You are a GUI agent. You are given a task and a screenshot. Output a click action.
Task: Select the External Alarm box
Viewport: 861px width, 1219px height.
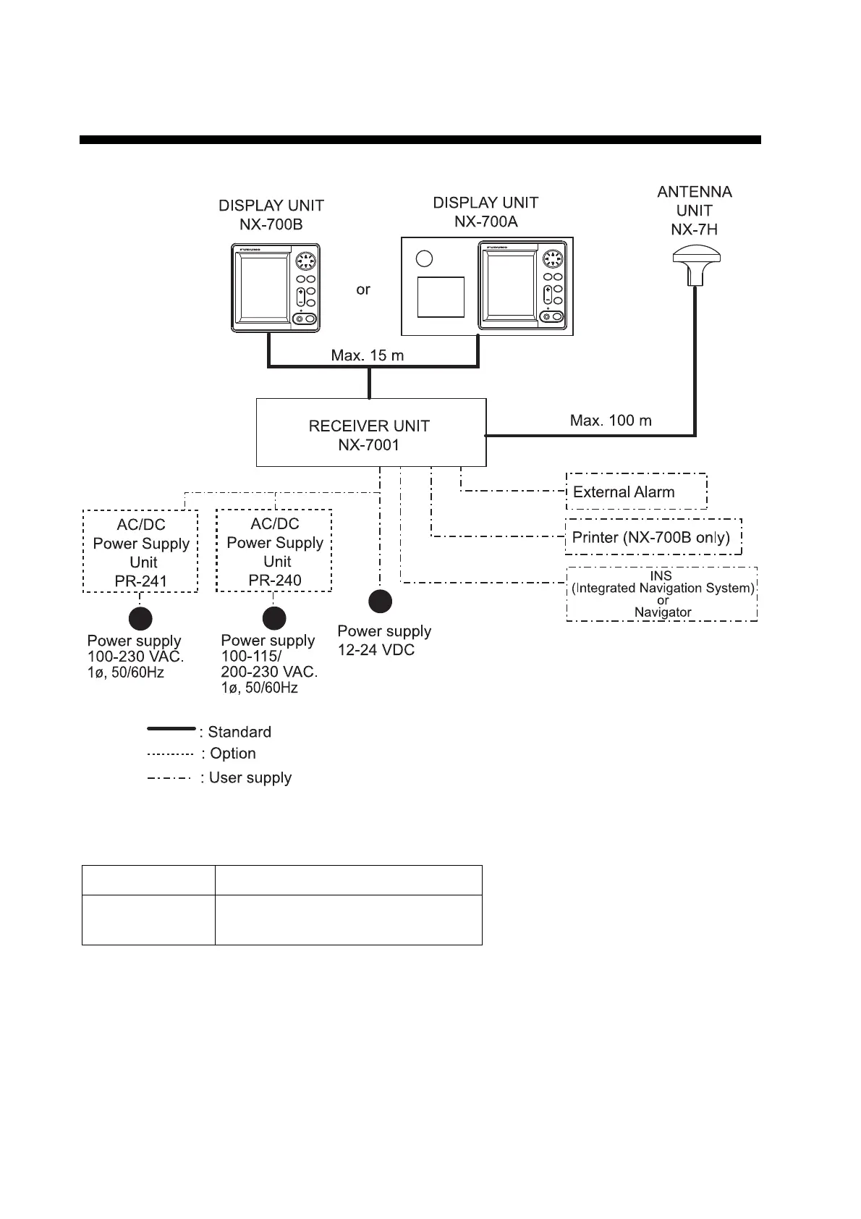click(x=635, y=492)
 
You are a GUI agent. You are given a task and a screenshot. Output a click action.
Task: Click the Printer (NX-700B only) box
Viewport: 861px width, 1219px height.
click(x=653, y=537)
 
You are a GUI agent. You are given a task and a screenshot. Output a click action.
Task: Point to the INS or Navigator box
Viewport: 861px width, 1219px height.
click(x=661, y=594)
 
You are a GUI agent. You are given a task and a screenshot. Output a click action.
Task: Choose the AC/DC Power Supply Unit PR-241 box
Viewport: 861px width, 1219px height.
click(x=141, y=552)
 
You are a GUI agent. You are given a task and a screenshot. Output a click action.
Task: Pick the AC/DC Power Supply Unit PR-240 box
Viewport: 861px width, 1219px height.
click(x=274, y=551)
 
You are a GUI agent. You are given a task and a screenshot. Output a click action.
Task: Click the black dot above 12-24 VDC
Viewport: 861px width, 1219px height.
click(x=381, y=602)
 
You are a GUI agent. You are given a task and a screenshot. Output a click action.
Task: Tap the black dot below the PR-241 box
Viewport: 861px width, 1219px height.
click(x=140, y=619)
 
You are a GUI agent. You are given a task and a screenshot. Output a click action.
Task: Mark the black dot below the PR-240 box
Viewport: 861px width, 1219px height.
click(x=274, y=618)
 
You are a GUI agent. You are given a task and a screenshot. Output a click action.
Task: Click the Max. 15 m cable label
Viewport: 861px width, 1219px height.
click(x=368, y=355)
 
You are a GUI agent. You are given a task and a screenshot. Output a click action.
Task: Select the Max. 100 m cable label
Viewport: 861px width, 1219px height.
click(x=611, y=421)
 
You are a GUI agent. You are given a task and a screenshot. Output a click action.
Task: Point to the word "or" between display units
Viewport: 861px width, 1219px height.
click(x=363, y=290)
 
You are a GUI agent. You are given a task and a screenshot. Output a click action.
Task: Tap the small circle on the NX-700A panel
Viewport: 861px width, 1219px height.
click(x=425, y=258)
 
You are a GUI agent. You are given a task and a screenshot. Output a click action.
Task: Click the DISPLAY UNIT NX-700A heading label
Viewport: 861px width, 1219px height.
click(x=485, y=212)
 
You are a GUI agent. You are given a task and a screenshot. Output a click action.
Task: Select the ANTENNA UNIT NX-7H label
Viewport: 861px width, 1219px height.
click(x=695, y=211)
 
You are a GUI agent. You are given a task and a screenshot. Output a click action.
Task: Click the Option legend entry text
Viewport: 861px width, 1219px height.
click(x=233, y=754)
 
